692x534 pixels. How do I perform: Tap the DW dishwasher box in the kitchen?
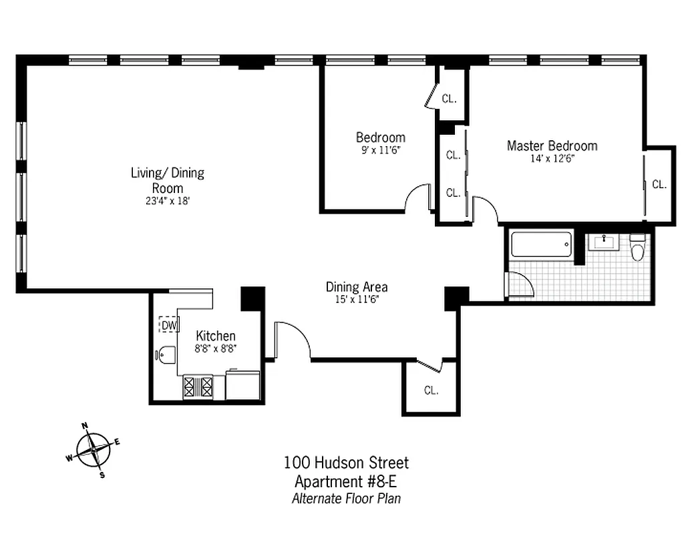click(169, 325)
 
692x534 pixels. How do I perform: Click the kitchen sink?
click(166, 354)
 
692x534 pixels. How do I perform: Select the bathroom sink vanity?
click(607, 242)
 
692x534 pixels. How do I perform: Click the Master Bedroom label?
click(552, 146)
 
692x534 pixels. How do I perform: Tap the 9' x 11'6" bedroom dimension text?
click(380, 151)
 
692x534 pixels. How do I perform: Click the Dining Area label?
click(357, 287)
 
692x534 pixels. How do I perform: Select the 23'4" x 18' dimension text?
click(167, 200)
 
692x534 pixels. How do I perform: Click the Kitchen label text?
click(215, 336)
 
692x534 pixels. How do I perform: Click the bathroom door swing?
click(521, 285)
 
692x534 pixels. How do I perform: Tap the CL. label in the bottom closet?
click(431, 390)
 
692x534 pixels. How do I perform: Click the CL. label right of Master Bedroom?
click(659, 185)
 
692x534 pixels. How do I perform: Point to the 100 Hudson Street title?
click(346, 462)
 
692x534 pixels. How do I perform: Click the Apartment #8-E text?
click(346, 481)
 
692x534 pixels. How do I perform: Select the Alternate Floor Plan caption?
click(346, 499)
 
